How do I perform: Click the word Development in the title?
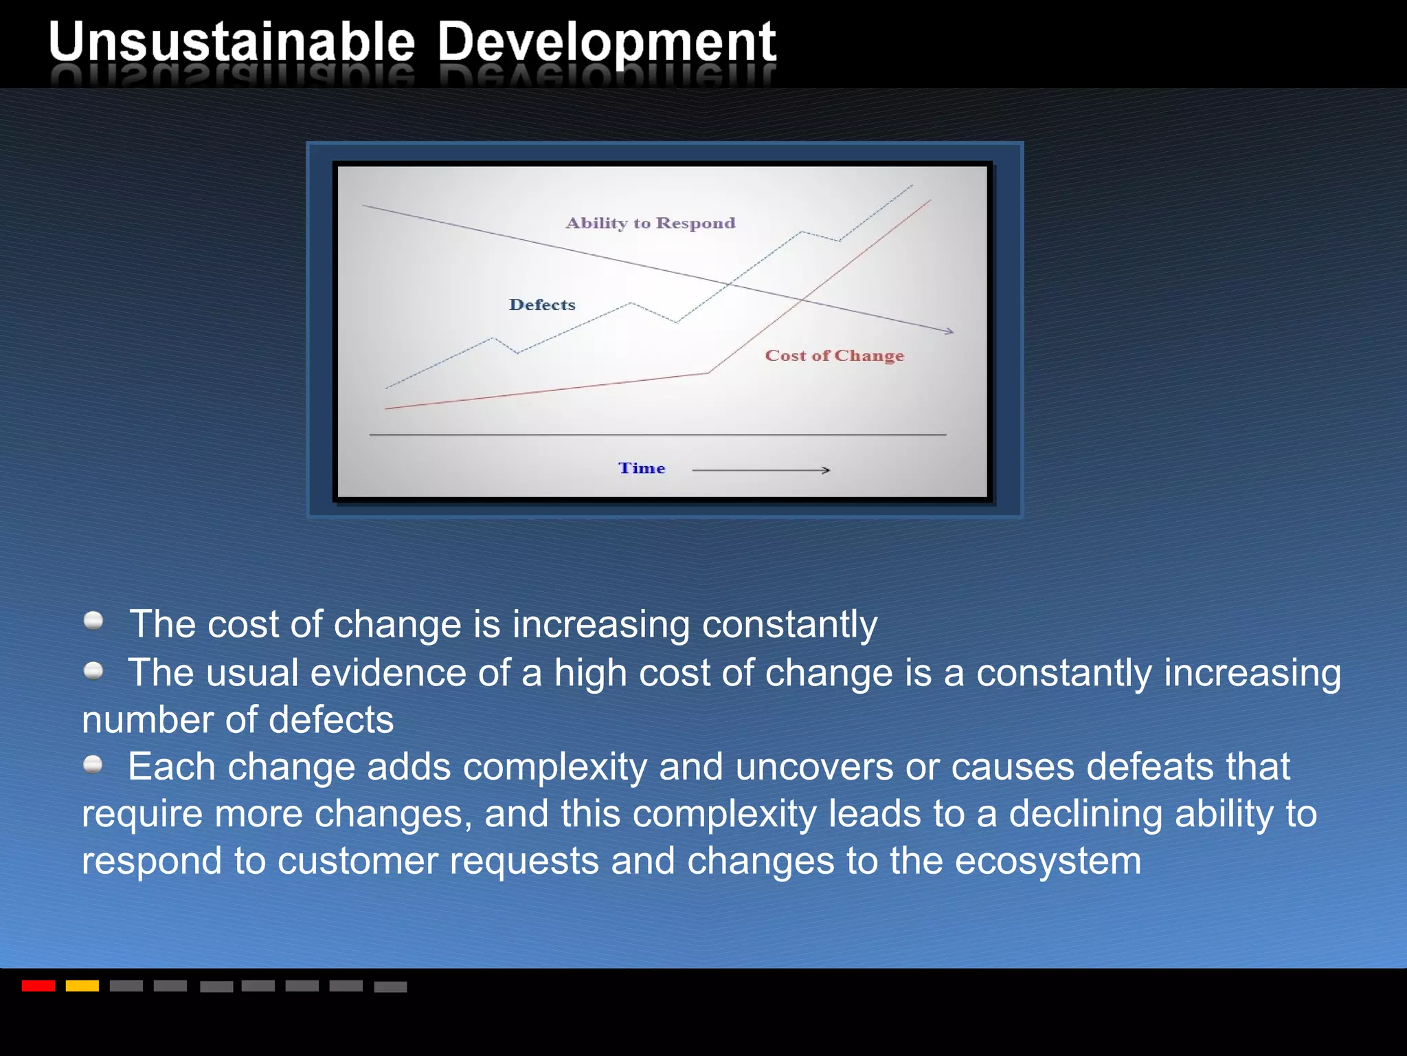[606, 43]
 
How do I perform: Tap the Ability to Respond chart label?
[650, 223]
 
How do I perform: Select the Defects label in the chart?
[542, 305]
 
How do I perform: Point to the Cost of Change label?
[834, 355]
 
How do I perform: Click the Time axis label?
[642, 468]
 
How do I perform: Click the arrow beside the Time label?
[761, 470]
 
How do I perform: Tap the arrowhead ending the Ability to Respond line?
[949, 331]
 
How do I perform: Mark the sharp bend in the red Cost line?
[708, 373]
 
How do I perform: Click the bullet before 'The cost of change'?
[93, 621]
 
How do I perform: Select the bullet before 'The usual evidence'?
[93, 670]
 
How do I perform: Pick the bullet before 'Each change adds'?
[93, 764]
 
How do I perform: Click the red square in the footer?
[38, 986]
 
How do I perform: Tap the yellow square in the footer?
[82, 986]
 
